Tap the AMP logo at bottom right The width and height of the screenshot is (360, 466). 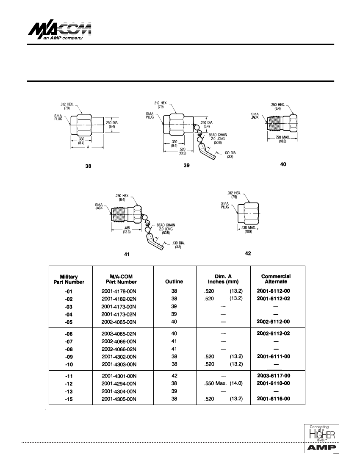click(x=321, y=447)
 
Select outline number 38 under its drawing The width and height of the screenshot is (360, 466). click(x=88, y=166)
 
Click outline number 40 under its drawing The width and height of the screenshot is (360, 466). click(x=283, y=164)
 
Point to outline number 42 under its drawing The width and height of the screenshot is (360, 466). click(x=248, y=253)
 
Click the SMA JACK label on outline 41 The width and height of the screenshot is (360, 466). click(x=99, y=206)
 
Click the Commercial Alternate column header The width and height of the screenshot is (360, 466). click(x=276, y=279)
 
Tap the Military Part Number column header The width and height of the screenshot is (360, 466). click(x=69, y=279)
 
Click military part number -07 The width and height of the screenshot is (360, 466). click(x=69, y=341)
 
